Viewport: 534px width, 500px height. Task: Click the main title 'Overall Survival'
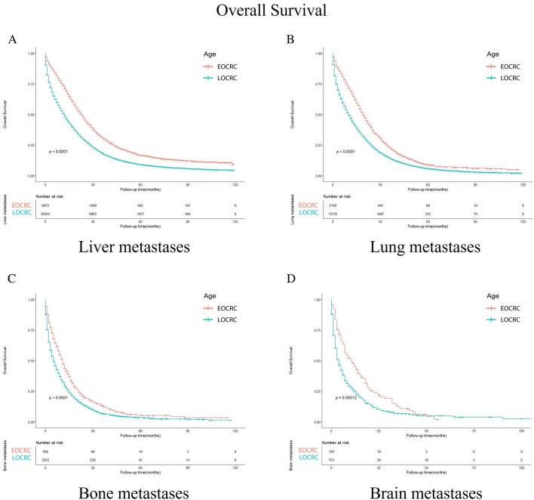pos(266,12)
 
